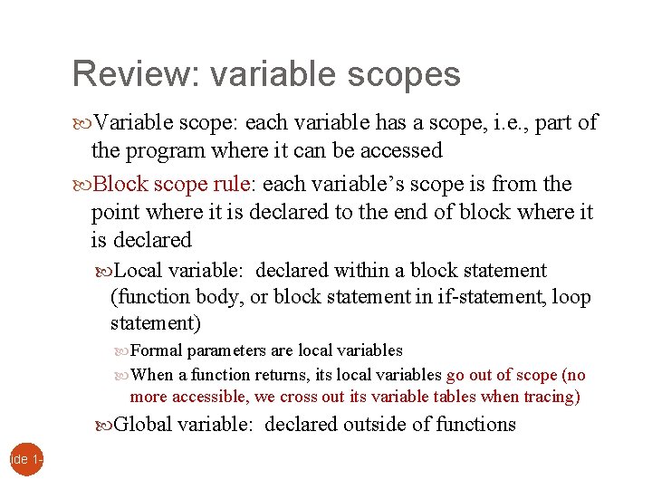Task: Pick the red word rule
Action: [230, 185]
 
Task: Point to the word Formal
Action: [157, 350]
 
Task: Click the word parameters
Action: [223, 350]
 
